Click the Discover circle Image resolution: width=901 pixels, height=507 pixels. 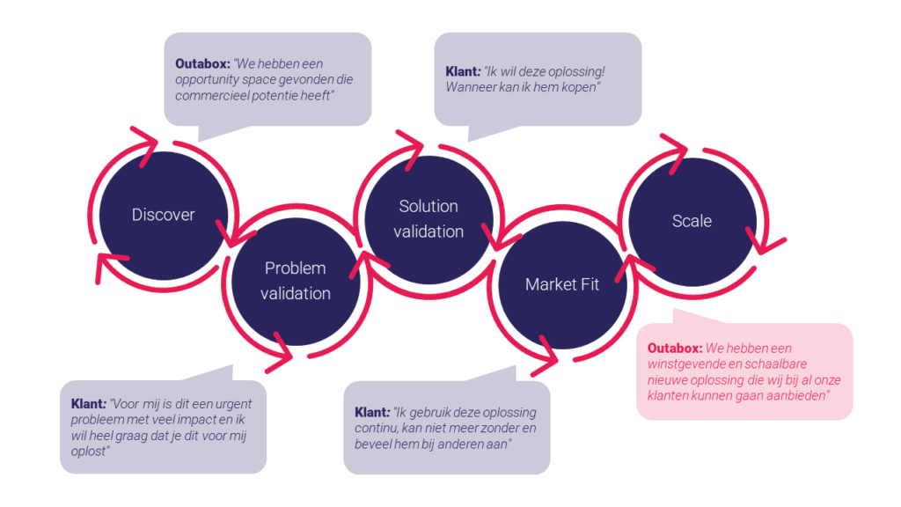[163, 215]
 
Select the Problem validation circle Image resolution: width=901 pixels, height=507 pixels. [296, 281]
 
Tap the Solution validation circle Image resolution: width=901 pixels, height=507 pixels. [429, 219]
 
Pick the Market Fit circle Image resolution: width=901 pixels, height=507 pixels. [562, 284]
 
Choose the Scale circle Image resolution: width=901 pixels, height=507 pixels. [692, 221]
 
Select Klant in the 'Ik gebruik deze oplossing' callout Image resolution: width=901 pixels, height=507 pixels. [371, 412]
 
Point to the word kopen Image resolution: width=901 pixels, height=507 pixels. [575, 86]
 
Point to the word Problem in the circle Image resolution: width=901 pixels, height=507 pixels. [296, 268]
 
